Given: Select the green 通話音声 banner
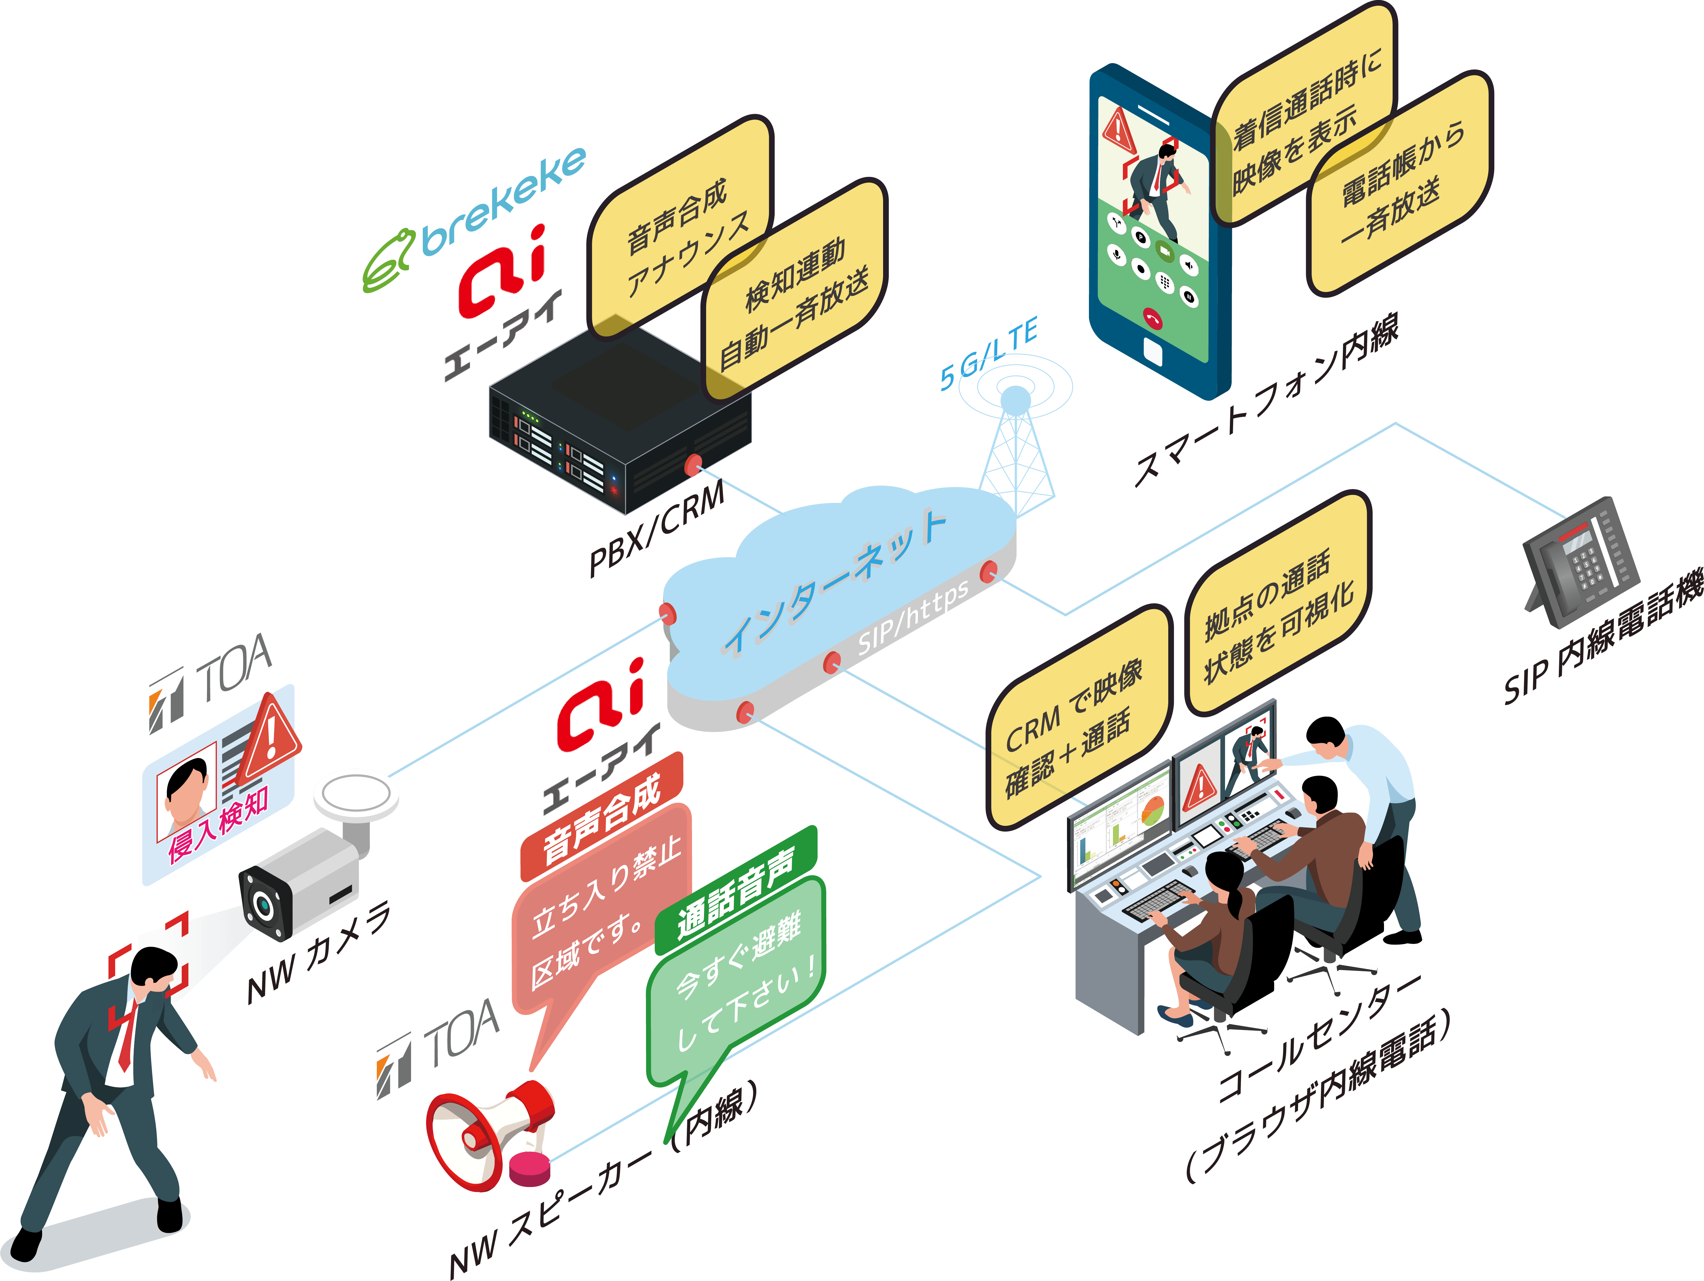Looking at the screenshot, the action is (736, 890).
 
